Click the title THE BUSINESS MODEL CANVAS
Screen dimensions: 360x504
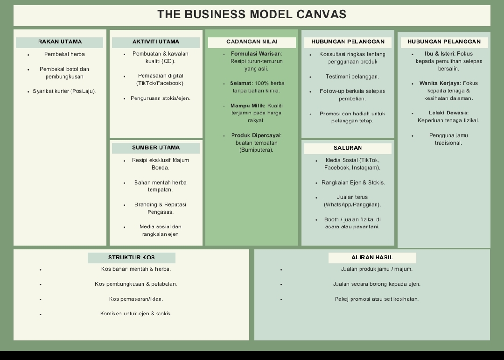pos(252,14)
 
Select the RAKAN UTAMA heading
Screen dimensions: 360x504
pos(60,42)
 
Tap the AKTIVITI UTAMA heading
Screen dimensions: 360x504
pos(155,42)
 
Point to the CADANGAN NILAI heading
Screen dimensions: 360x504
pos(252,42)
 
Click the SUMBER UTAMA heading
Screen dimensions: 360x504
pos(155,148)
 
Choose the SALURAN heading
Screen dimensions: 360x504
pos(348,148)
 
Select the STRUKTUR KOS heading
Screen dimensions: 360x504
pos(131,258)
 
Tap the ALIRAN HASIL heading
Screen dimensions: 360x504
pos(372,258)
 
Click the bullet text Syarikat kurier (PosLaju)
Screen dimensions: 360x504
pos(64,92)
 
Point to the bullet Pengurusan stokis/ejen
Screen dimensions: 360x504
pos(160,99)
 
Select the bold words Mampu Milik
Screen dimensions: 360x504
pos(247,106)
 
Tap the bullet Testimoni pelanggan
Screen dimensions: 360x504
pos(352,77)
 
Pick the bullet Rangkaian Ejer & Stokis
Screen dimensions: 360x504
pos(353,183)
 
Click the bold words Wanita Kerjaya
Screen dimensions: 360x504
pos(439,84)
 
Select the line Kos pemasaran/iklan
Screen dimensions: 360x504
pos(136,299)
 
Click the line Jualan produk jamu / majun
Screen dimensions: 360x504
pos(377,269)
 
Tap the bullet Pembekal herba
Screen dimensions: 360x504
pos(64,55)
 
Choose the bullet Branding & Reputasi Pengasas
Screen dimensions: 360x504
pos(160,208)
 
